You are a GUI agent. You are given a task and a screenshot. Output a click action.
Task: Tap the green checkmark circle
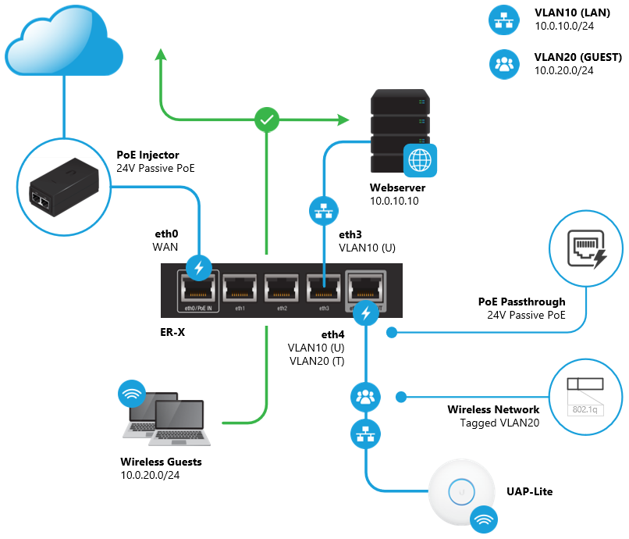click(267, 120)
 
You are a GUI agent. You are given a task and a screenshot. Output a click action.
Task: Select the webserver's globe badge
click(420, 160)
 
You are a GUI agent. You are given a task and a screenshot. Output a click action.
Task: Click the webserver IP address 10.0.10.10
click(396, 202)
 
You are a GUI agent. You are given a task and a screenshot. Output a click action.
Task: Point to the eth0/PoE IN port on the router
click(198, 291)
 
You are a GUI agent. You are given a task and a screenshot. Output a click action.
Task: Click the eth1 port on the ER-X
click(240, 291)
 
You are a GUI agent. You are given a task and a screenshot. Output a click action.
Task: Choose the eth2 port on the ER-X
click(281, 291)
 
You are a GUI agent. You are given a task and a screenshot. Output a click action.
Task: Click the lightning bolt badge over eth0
click(198, 268)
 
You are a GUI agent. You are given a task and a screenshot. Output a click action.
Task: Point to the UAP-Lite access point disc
click(462, 492)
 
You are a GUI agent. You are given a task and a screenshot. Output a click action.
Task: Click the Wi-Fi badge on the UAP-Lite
click(485, 518)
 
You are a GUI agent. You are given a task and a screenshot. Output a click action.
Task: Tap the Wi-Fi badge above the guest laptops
click(131, 394)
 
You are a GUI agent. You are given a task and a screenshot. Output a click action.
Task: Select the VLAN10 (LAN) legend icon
click(503, 21)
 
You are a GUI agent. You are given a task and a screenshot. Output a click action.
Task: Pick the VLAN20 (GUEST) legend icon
click(503, 64)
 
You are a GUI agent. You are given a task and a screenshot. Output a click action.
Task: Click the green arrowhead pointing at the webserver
click(344, 120)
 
